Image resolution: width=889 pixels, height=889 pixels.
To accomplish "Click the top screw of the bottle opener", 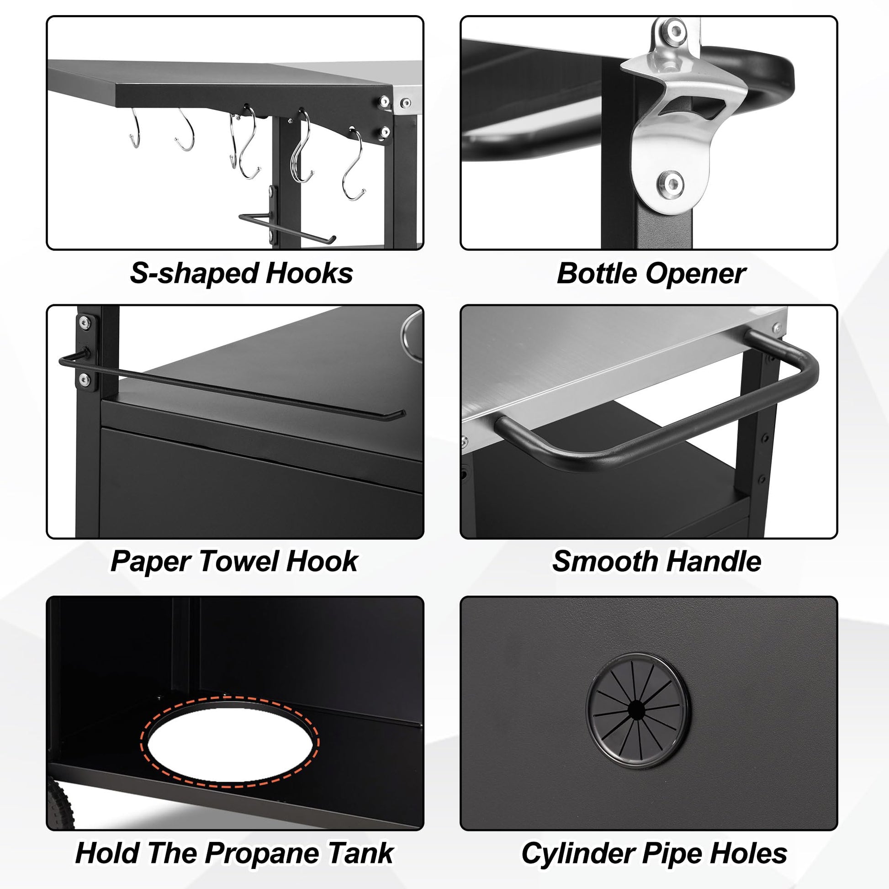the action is pyautogui.click(x=675, y=31).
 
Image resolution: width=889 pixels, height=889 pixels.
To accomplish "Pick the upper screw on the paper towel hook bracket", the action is pyautogui.click(x=84, y=322).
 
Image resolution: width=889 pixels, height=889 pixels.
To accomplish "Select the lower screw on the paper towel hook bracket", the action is pyautogui.click(x=84, y=379).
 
